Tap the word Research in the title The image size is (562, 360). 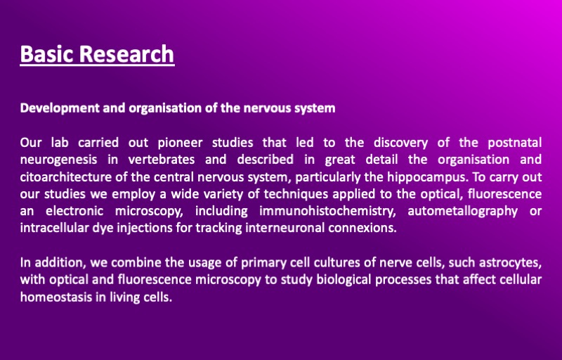[x=126, y=53]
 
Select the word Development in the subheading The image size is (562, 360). [x=59, y=108]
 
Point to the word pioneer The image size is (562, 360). [x=180, y=143]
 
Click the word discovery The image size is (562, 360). [x=400, y=143]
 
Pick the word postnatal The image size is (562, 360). [x=515, y=143]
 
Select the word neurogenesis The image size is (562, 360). [x=58, y=160]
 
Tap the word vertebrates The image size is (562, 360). [x=162, y=160]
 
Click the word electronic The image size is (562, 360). [x=74, y=211]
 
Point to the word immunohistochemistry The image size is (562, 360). [x=327, y=211]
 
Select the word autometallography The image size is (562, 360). [x=463, y=211]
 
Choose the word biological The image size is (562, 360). [x=344, y=280]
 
